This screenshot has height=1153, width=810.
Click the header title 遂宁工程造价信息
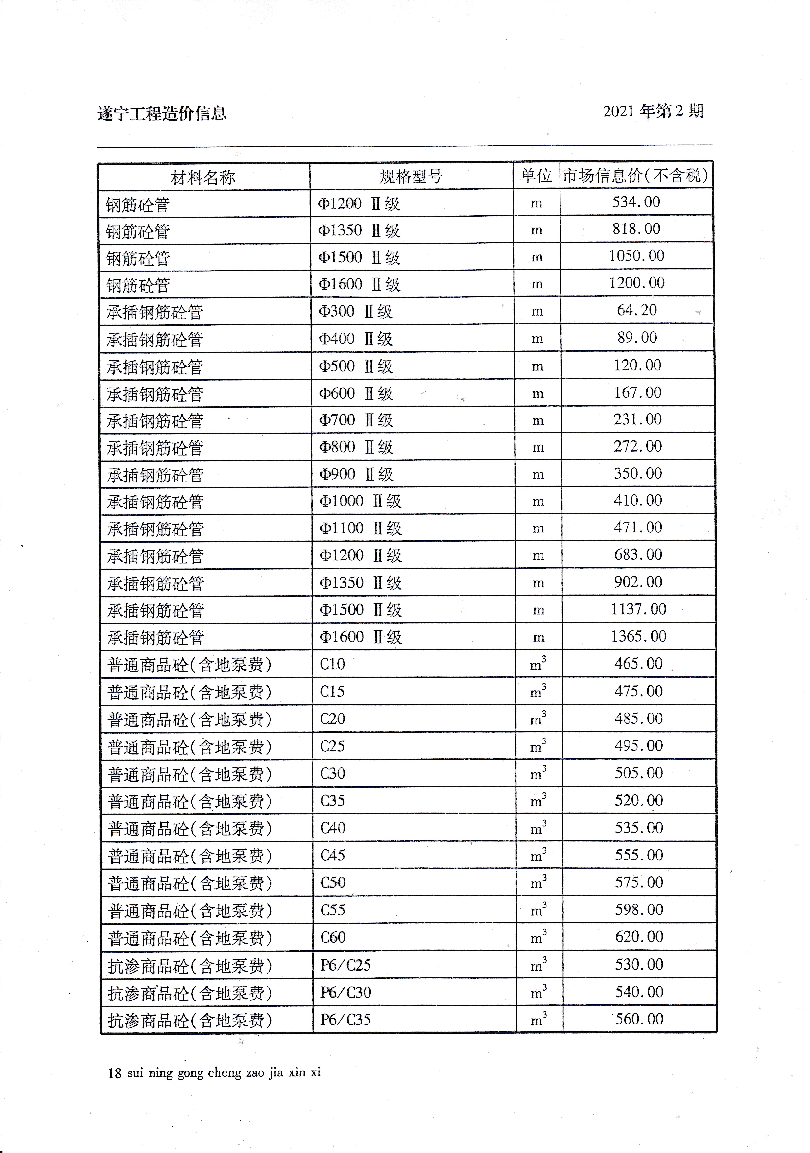point(162,113)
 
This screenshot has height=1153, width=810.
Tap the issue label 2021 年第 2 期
point(653,111)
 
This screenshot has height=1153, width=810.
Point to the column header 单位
point(536,176)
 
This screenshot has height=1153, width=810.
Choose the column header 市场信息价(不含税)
point(636,175)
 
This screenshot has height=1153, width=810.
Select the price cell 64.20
point(637,310)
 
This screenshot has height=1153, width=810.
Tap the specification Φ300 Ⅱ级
point(356,311)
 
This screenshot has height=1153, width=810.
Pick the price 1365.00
point(638,636)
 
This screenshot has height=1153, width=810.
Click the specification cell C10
point(332,664)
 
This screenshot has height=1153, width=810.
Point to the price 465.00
point(638,663)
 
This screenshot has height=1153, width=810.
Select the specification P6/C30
point(345,992)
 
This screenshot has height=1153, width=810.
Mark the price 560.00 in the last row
point(639,1019)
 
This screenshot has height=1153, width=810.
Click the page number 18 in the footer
point(114,1073)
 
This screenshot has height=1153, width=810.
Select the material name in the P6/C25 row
point(190,966)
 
